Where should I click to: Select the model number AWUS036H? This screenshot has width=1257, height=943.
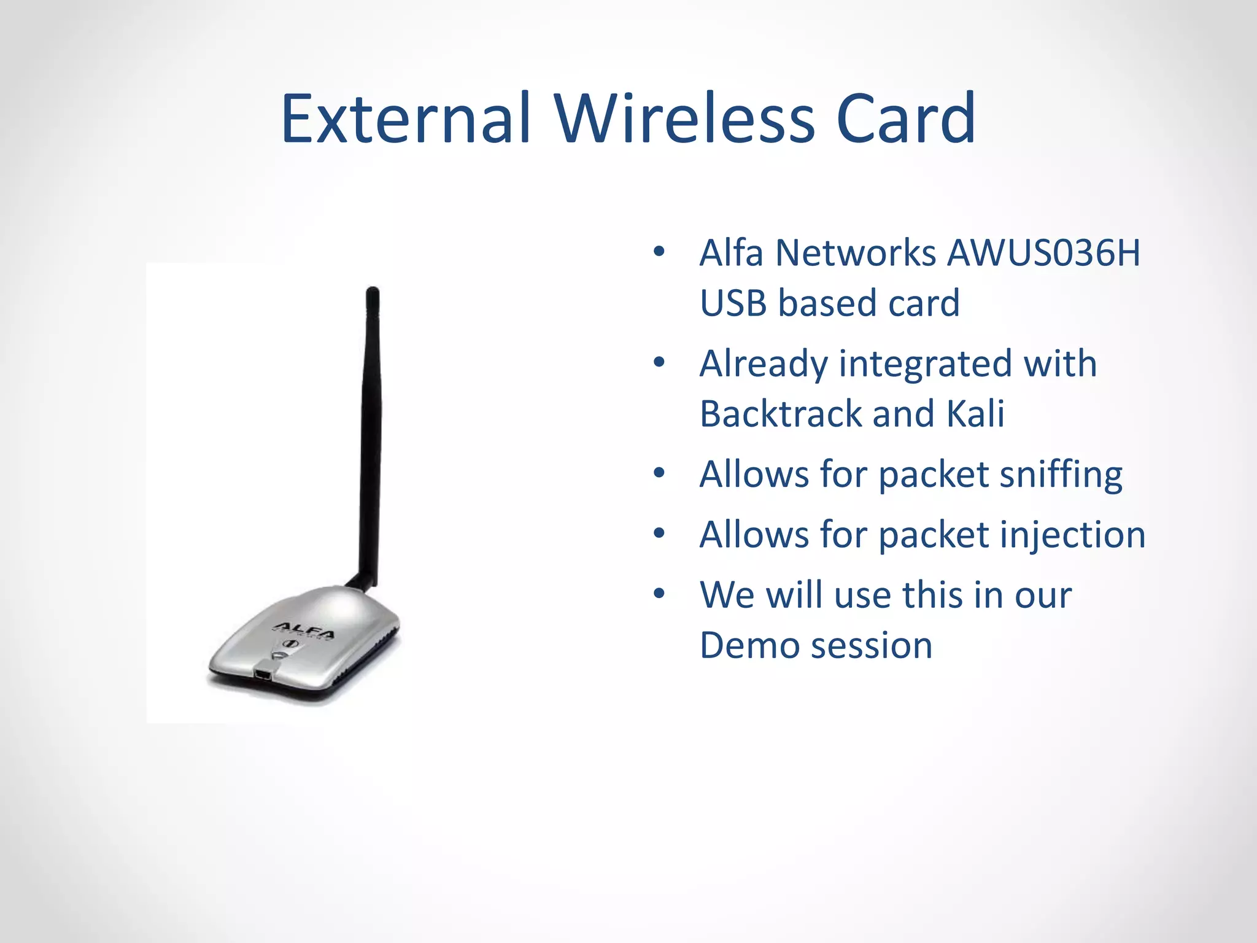[x=1043, y=252]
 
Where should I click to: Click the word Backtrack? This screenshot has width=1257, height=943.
[x=781, y=413]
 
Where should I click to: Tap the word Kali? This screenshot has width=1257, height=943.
[x=975, y=413]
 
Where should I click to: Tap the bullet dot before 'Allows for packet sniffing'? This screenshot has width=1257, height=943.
[x=659, y=473]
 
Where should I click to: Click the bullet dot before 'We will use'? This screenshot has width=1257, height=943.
[x=659, y=594]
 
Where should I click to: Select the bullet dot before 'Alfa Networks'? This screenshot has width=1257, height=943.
[x=659, y=252]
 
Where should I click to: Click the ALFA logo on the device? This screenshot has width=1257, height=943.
[x=304, y=631]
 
